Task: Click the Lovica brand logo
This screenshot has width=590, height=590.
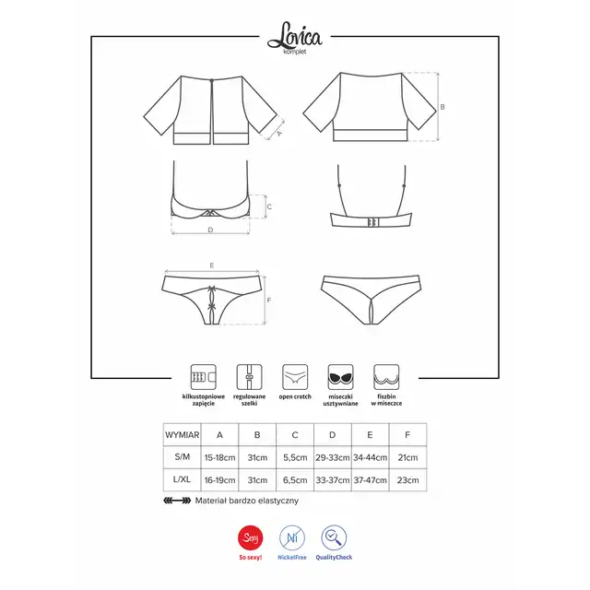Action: (295, 38)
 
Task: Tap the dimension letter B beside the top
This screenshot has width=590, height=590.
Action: (442, 107)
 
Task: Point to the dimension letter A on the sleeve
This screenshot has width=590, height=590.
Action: (278, 133)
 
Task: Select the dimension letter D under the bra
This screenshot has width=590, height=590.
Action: (210, 230)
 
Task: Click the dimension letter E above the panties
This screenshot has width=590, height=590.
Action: (212, 265)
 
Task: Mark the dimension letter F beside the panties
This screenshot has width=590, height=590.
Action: (268, 300)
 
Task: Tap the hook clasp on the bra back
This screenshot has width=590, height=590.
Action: (372, 222)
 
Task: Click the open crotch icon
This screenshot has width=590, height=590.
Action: (295, 377)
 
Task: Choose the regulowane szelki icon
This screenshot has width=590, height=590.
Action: (249, 377)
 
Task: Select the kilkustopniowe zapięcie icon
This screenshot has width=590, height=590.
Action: (203, 377)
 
